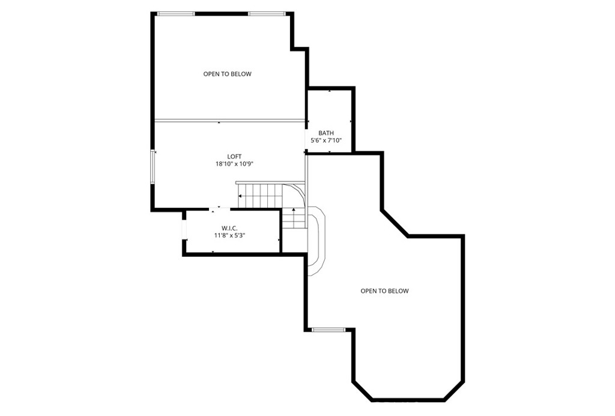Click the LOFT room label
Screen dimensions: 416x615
pos(234,157)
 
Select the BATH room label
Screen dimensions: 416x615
pos(326,133)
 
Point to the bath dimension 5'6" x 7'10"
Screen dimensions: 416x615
pos(326,140)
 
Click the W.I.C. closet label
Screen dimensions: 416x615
pos(229,228)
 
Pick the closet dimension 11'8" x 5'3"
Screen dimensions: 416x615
pos(229,235)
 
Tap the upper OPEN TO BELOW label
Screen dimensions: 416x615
pos(227,74)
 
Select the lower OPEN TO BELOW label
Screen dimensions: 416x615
pos(384,291)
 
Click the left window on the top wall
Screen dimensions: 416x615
pos(176,13)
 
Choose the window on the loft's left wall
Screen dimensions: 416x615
pos(153,167)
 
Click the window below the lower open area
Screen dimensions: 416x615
pos(329,330)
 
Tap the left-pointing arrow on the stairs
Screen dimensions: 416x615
pos(241,196)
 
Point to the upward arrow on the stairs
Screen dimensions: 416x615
pos(294,210)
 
